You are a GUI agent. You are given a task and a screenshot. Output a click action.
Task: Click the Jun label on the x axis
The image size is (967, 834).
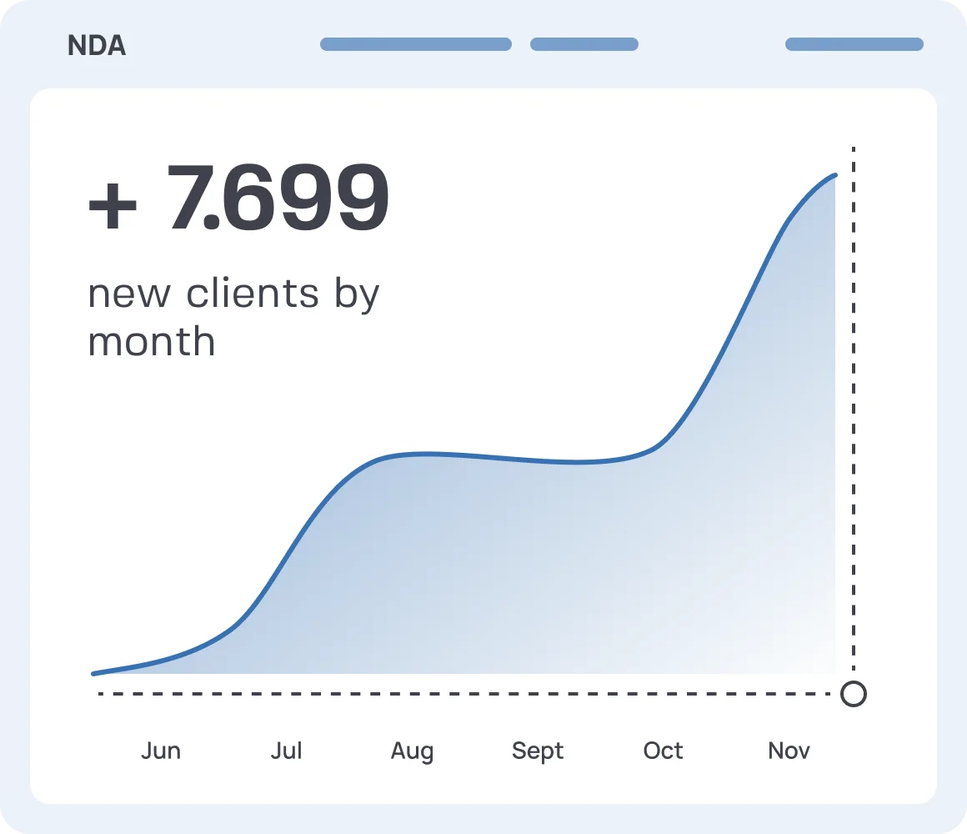click(161, 751)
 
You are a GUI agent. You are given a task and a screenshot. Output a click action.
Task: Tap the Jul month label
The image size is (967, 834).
click(286, 751)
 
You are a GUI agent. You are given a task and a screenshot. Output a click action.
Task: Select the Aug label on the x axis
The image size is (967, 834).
click(412, 751)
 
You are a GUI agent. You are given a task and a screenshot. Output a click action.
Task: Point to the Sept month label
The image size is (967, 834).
click(538, 751)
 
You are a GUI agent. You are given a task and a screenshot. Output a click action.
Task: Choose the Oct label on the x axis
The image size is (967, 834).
click(663, 751)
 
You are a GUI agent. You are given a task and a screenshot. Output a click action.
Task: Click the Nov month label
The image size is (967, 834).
click(789, 751)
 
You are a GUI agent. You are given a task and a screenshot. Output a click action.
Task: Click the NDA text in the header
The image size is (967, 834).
click(97, 46)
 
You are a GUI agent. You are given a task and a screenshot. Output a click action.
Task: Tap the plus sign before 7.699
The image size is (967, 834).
click(113, 207)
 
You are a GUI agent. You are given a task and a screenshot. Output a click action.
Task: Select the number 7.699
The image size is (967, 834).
click(278, 198)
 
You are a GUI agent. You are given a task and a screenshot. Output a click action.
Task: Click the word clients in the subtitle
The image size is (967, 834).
click(252, 294)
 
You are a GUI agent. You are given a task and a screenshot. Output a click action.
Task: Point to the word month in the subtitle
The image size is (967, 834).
click(151, 341)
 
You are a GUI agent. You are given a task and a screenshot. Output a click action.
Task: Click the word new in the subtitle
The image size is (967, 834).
click(129, 294)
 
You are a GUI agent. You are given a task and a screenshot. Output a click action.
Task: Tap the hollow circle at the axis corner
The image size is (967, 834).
click(853, 694)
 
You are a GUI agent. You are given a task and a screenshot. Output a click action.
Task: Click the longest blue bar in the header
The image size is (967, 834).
click(415, 44)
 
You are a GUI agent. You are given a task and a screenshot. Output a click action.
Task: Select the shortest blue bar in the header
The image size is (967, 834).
click(584, 44)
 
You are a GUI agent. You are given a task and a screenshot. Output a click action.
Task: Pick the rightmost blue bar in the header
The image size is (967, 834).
click(854, 44)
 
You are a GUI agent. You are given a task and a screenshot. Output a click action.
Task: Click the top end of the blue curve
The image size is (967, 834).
click(834, 175)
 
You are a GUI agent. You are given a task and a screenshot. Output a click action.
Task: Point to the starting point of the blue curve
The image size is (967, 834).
click(94, 673)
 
